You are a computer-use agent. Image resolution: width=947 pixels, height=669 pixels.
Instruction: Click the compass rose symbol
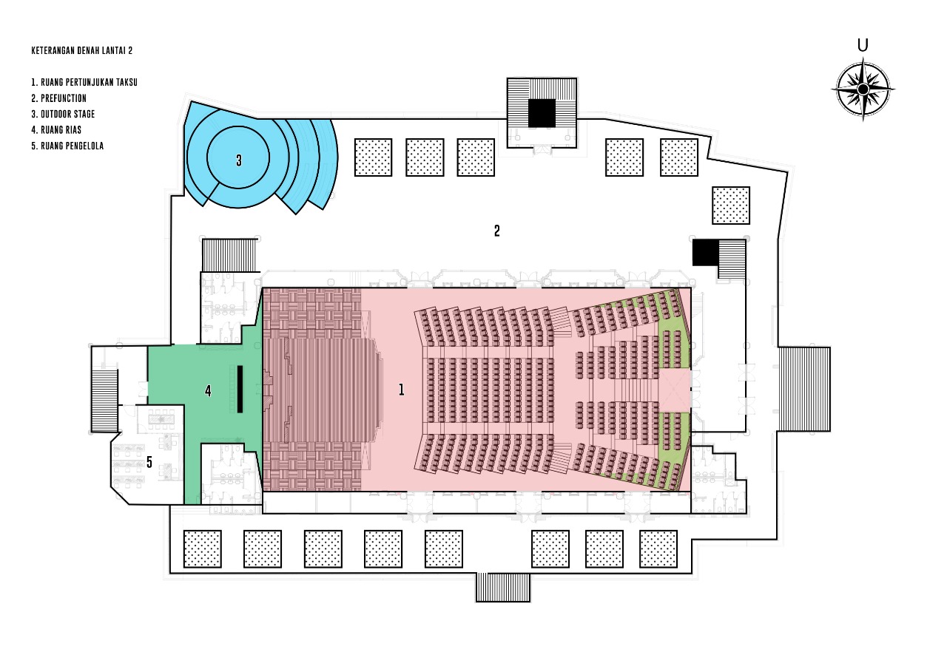point(863,89)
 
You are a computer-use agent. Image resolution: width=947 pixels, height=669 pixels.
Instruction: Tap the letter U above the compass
point(863,46)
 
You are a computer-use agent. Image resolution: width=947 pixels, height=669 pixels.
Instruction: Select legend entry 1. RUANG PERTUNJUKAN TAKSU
point(84,82)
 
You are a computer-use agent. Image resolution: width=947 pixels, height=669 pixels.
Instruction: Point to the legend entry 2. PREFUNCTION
point(58,98)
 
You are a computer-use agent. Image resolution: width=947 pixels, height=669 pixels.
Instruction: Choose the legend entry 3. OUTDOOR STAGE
point(63,114)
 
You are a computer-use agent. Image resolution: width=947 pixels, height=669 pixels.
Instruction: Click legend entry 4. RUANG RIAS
point(56,130)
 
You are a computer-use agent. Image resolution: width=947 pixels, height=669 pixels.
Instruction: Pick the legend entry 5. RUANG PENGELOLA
point(67,146)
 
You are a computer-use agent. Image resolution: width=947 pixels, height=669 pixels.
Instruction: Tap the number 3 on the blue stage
point(239,160)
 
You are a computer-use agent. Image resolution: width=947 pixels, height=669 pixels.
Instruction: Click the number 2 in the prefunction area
point(497,231)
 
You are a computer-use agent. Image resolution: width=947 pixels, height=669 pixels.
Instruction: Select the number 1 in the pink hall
point(402,390)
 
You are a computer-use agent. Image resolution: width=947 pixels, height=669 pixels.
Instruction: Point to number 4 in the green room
point(208,391)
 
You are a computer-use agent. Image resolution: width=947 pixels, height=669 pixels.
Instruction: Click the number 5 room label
point(149,463)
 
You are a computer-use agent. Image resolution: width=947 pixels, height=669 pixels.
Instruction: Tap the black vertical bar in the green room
point(240,389)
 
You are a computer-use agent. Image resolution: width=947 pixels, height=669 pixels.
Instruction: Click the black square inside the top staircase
point(542,113)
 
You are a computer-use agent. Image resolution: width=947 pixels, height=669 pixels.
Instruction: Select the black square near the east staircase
point(705,252)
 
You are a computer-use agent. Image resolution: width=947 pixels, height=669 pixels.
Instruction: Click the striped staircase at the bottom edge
point(503,587)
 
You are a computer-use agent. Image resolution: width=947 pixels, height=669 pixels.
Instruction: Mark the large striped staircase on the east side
point(803,388)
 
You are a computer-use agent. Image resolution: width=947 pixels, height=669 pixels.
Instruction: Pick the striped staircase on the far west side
point(104,400)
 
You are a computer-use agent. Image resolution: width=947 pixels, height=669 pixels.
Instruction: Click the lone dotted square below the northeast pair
point(731,205)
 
